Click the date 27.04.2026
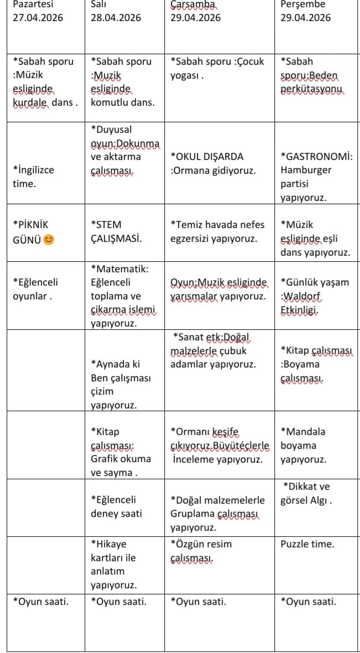tap(38, 18)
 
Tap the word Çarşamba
tap(191, 4)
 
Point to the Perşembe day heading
tap(302, 4)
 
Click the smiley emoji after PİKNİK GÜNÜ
tap(49, 239)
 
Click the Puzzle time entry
tap(307, 544)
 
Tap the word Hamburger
tap(304, 170)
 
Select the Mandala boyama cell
tap(303, 445)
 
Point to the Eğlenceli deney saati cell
tap(116, 506)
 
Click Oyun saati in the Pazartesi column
tap(41, 602)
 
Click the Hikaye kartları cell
tap(113, 564)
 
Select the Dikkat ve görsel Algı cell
tap(307, 494)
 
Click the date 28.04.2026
tap(116, 18)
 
